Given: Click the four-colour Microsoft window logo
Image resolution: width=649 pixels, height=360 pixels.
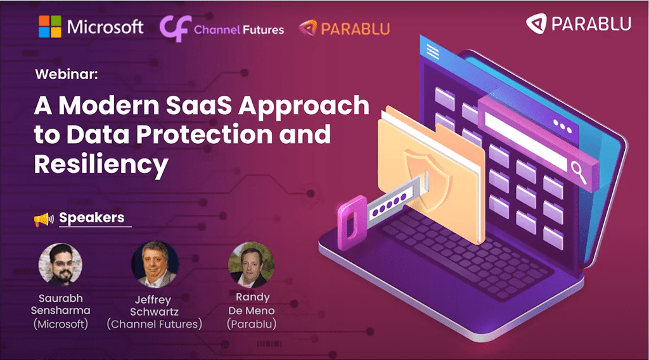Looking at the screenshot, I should (49, 27).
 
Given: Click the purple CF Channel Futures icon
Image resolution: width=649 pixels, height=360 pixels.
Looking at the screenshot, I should (174, 29).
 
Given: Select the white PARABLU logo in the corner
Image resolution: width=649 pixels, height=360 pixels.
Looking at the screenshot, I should (579, 24).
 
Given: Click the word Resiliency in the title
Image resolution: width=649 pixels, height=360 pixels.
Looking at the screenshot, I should (101, 165).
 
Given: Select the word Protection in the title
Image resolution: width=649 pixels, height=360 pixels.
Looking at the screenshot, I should (191, 134).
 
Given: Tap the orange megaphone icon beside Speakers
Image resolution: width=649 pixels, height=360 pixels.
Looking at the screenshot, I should (43, 219).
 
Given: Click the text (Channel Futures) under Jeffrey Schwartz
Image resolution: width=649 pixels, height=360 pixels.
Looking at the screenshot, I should (154, 324).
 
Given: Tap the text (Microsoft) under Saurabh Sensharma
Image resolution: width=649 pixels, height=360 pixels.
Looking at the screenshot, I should (60, 324).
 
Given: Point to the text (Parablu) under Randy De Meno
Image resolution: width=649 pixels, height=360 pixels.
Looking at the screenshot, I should (252, 324).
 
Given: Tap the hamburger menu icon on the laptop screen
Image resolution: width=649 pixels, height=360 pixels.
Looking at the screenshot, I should (434, 50).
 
